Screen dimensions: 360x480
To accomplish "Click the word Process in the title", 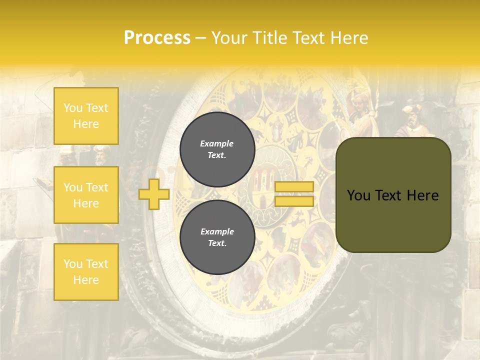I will pyautogui.click(x=157, y=38).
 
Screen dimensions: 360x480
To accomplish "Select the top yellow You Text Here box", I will pyautogui.click(x=86, y=116).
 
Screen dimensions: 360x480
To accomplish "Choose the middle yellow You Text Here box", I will pyautogui.click(x=86, y=195).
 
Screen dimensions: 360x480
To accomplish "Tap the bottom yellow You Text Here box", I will pyautogui.click(x=86, y=271).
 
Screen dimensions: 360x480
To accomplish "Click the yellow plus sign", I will pyautogui.click(x=154, y=194).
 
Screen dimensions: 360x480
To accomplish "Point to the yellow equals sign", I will pyautogui.click(x=294, y=194).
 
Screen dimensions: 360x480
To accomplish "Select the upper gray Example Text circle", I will pyautogui.click(x=217, y=149).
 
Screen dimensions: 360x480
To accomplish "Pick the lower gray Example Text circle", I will pyautogui.click(x=217, y=237).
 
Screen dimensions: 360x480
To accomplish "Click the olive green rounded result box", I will pyautogui.click(x=393, y=195).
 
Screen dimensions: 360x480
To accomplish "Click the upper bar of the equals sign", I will pyautogui.click(x=294, y=187).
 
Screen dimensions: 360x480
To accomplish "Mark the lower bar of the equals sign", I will pyautogui.click(x=294, y=201).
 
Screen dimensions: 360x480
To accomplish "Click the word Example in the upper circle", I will pyautogui.click(x=217, y=143).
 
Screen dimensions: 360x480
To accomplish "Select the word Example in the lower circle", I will pyautogui.click(x=217, y=231).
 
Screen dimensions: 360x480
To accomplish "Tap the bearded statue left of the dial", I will pyautogui.click(x=100, y=157).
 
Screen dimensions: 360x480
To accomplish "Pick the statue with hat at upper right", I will pyautogui.click(x=413, y=120).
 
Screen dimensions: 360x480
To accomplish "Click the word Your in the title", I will pyautogui.click(x=228, y=38).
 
